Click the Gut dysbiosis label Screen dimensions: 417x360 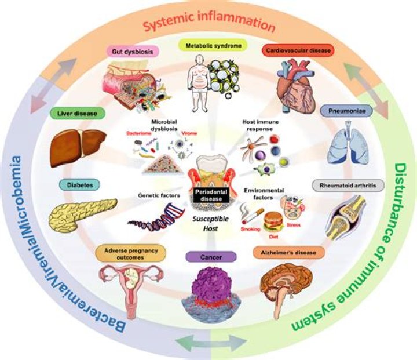click(x=133, y=51)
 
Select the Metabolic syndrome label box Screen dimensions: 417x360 click(x=213, y=45)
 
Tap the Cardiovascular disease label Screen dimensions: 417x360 click(x=298, y=50)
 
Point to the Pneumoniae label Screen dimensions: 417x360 click(x=346, y=111)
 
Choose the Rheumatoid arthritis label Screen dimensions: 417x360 click(x=348, y=185)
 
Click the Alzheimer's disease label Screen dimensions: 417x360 click(x=288, y=252)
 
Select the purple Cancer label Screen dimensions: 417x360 click(x=211, y=257)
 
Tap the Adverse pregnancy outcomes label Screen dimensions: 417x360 click(x=130, y=254)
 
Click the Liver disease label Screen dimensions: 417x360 click(x=78, y=113)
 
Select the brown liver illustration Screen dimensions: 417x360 click(x=78, y=147)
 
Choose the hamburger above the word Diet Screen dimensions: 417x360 click(x=273, y=222)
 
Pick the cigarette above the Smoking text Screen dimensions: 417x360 click(x=252, y=216)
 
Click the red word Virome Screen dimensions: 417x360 click(x=189, y=133)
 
